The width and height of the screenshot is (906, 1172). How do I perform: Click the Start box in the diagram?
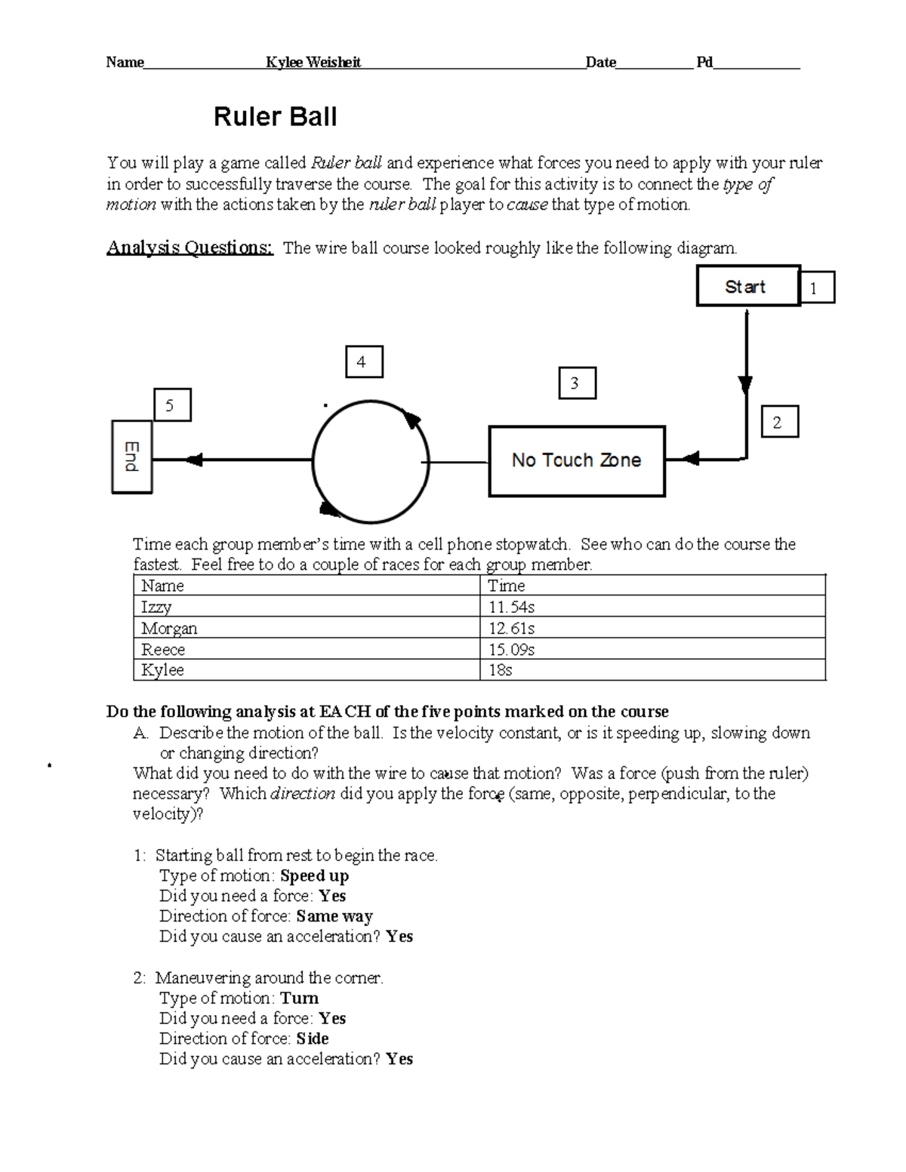click(x=747, y=286)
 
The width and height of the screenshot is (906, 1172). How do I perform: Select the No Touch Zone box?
click(x=577, y=460)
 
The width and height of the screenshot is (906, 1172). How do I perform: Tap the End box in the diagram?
click(x=132, y=457)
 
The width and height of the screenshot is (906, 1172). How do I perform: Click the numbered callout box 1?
click(x=816, y=288)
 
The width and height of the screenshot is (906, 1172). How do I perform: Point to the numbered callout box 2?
click(x=779, y=422)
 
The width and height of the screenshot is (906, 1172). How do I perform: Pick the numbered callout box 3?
click(x=577, y=383)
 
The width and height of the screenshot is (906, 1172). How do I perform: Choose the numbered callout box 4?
click(x=364, y=361)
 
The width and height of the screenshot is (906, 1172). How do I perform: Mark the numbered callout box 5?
click(x=171, y=405)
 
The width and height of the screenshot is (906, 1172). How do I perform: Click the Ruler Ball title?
click(x=275, y=117)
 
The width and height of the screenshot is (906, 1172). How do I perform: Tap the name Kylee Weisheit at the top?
click(x=313, y=63)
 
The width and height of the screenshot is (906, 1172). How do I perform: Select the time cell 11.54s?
click(x=511, y=607)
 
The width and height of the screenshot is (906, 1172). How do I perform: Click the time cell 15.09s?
click(x=511, y=649)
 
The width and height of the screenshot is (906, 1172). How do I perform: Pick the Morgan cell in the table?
click(x=169, y=628)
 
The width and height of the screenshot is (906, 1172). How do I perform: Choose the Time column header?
click(x=506, y=586)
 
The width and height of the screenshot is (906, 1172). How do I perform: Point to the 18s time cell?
click(x=500, y=669)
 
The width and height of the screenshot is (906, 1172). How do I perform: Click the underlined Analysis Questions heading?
click(x=190, y=248)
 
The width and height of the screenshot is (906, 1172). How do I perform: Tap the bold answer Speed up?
click(x=314, y=875)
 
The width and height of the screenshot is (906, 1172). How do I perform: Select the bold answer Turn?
click(x=299, y=998)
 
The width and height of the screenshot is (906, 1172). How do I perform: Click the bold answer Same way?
click(x=334, y=916)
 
